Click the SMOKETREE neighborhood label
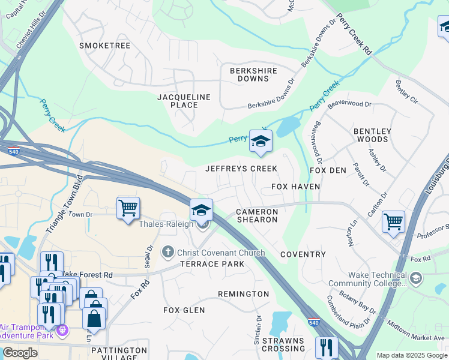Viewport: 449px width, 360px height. click(x=105, y=45)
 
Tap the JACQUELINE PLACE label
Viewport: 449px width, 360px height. click(x=184, y=101)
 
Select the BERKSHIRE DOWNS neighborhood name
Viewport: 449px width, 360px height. click(x=254, y=74)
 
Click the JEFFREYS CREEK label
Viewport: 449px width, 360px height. click(x=241, y=169)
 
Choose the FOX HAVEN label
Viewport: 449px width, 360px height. click(x=295, y=187)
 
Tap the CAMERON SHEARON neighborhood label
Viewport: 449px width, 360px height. click(x=257, y=215)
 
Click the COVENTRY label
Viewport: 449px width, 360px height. click(x=303, y=254)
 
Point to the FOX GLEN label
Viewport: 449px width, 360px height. click(x=184, y=310)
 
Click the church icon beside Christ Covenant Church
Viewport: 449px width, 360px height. click(x=169, y=253)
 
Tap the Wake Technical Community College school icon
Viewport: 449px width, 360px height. click(x=416, y=278)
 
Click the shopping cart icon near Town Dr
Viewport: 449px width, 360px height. click(x=128, y=208)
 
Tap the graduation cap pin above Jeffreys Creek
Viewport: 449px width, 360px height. click(x=261, y=141)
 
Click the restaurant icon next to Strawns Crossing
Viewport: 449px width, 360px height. click(x=327, y=347)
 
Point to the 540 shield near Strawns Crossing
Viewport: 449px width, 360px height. click(x=313, y=323)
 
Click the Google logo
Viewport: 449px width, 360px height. click(x=20, y=353)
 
